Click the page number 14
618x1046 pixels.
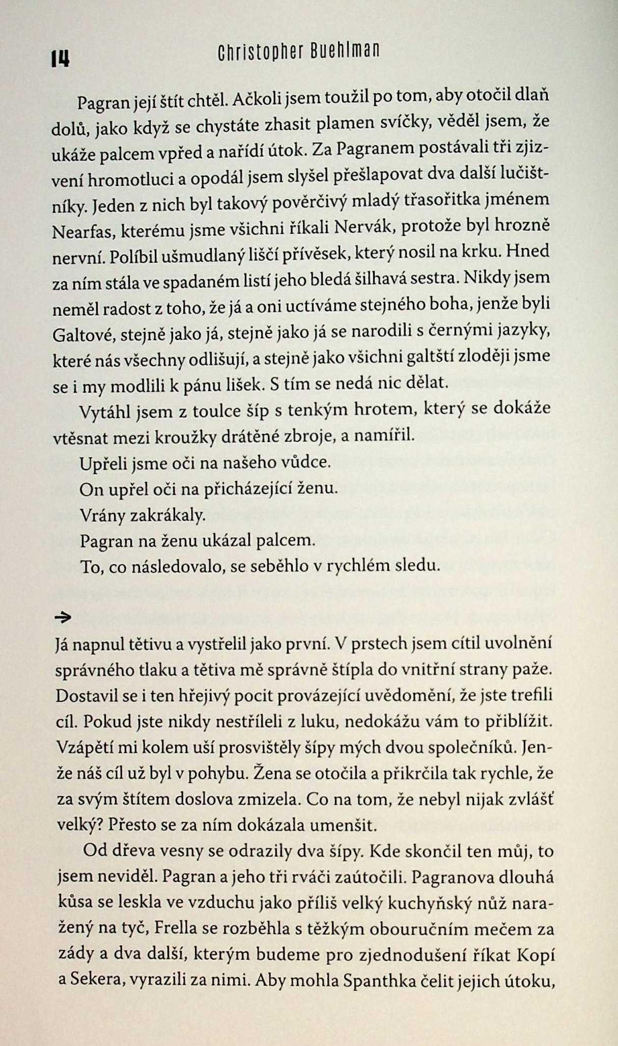(60, 60)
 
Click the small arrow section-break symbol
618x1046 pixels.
(63, 618)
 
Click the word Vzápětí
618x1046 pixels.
(82, 748)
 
